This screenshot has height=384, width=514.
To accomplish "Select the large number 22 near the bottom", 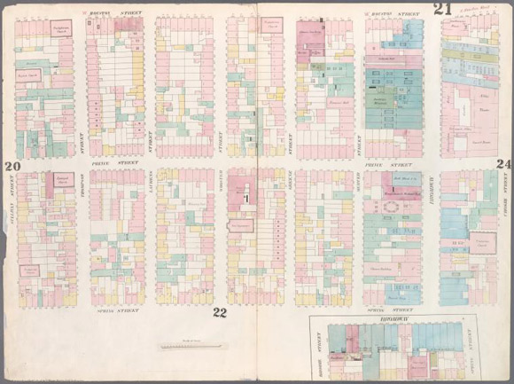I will (220, 310).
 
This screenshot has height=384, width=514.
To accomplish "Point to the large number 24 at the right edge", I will (503, 164).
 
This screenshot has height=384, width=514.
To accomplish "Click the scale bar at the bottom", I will (193, 346).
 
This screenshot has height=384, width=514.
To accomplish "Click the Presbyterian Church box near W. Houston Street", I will (61, 28).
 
